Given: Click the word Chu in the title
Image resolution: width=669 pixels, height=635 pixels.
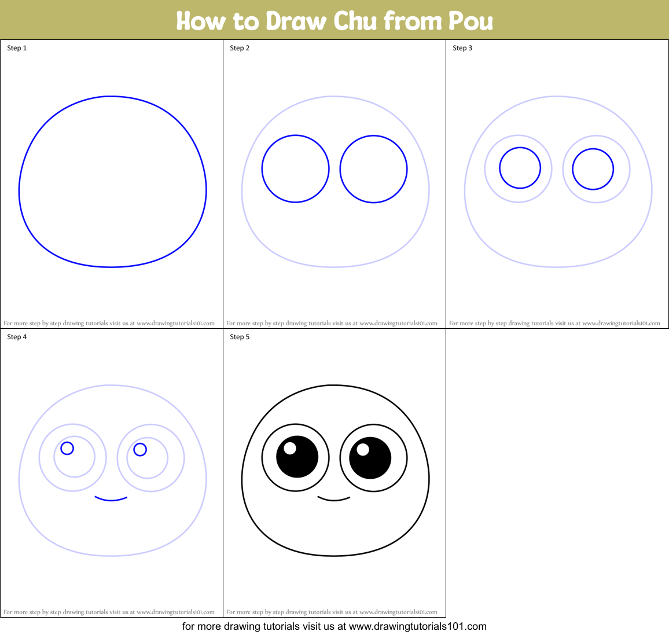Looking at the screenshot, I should pyautogui.click(x=355, y=21).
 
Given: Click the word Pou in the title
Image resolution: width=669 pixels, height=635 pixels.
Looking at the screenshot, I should pyautogui.click(x=470, y=21).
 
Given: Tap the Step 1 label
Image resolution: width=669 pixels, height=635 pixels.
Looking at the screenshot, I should pyautogui.click(x=17, y=48).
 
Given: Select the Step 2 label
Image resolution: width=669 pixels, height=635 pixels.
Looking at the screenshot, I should pyautogui.click(x=240, y=48).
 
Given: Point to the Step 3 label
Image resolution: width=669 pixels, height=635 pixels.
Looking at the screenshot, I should pyautogui.click(x=462, y=48).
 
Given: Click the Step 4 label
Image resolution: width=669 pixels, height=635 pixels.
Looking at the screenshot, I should pyautogui.click(x=17, y=337).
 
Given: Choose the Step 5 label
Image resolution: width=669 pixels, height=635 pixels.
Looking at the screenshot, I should pyautogui.click(x=240, y=337).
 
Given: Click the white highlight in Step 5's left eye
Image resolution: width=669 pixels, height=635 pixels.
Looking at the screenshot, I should pyautogui.click(x=290, y=448).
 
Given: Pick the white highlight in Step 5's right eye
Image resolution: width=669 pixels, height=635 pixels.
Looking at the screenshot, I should pyautogui.click(x=363, y=449).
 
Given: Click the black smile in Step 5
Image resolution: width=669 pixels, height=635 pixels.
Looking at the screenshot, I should pyautogui.click(x=334, y=499).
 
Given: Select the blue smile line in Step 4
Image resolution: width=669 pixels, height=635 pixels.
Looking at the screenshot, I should pyautogui.click(x=111, y=499).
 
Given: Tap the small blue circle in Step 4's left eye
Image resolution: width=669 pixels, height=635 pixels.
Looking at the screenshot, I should pyautogui.click(x=67, y=448).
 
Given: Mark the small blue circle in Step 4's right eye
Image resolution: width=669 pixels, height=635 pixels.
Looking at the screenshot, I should pyautogui.click(x=140, y=449).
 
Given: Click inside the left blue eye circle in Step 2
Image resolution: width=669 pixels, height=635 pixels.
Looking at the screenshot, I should pyautogui.click(x=295, y=169).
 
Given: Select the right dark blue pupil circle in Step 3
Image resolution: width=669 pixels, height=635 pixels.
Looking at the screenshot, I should pyautogui.click(x=593, y=169).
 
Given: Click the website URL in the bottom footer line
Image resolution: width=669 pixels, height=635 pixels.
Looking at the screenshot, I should pyautogui.click(x=417, y=626).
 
